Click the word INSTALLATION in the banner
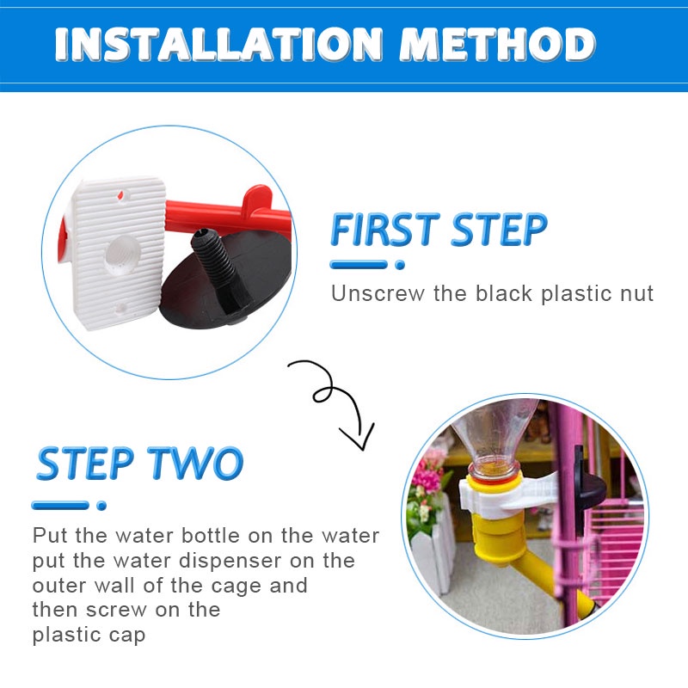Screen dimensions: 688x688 (218, 45)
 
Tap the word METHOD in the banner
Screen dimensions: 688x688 (498, 45)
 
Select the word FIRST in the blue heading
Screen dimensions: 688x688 (385, 229)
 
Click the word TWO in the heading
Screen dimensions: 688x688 (195, 463)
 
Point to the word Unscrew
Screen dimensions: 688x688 (378, 293)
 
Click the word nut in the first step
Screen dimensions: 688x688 (636, 293)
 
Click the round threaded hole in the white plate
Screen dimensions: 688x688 (121, 255)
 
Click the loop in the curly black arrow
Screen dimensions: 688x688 (325, 393)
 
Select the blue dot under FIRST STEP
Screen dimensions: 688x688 (400, 265)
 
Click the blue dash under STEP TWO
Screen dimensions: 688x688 (60, 506)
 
